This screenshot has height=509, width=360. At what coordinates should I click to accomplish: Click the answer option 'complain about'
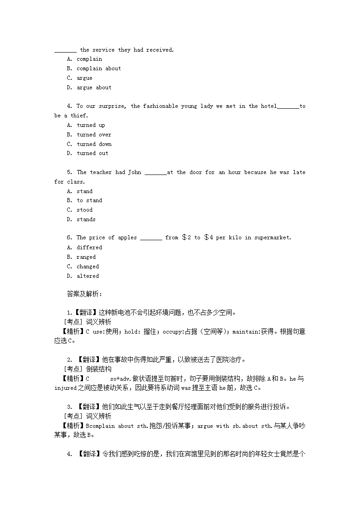point(98,68)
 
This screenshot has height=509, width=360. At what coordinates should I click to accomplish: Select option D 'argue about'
point(94,87)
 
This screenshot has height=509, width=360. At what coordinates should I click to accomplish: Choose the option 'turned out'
point(92,153)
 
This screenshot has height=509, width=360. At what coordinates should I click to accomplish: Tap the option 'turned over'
point(94,135)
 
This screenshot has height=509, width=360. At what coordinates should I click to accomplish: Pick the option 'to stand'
point(89,200)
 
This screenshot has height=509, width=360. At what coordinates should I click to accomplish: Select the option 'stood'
point(84,210)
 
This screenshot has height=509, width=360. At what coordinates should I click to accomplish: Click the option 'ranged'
point(86,257)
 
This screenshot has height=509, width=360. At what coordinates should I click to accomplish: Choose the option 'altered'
point(88,276)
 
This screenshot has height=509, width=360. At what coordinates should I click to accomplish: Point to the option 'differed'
point(89,247)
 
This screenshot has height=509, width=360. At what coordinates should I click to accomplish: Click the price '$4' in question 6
point(209,238)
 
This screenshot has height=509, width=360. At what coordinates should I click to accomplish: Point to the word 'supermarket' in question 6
point(272,238)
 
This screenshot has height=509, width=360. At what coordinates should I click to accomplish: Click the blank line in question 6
point(151,238)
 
